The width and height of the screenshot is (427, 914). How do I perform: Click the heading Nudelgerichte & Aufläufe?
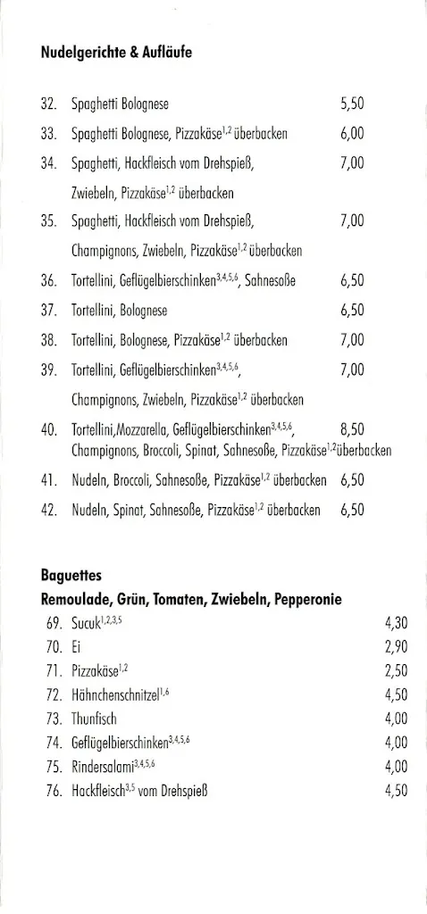tap(116, 53)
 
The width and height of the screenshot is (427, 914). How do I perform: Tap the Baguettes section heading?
tap(71, 576)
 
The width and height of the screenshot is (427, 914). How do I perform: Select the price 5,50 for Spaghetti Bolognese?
tap(352, 104)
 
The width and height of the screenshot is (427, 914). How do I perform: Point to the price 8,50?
tap(352, 429)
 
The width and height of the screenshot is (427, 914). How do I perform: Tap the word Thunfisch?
tap(94, 719)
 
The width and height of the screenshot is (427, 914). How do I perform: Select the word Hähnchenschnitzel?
tap(115, 695)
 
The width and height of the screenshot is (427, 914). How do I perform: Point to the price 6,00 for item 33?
tap(352, 134)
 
